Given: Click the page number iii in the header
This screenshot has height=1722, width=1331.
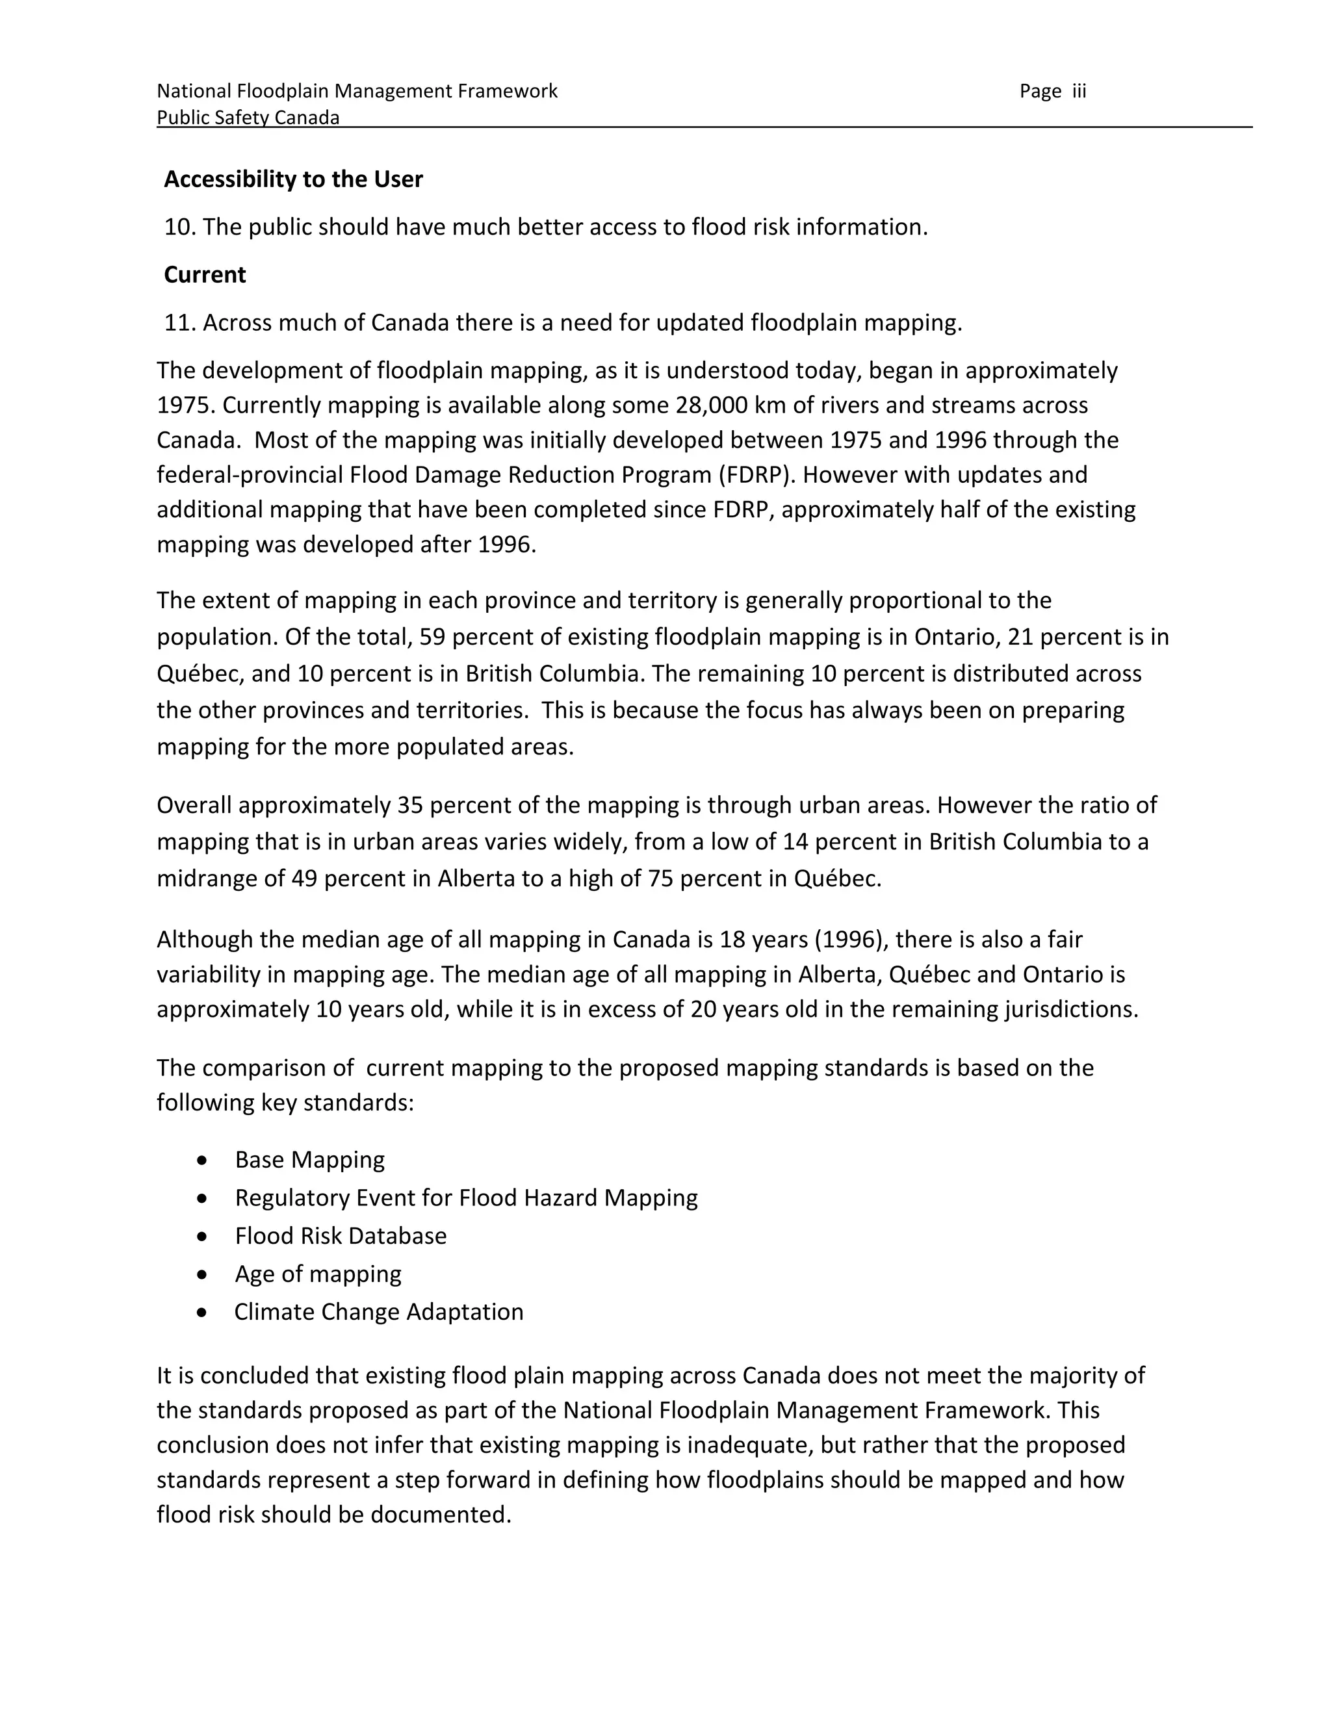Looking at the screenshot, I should click(1078, 92).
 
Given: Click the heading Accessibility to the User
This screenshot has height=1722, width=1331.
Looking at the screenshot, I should click(293, 180).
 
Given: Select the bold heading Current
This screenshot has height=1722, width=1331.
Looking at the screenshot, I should click(205, 275).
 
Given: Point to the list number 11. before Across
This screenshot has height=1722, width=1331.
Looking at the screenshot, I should click(180, 323).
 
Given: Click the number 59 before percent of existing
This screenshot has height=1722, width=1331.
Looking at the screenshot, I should click(432, 636).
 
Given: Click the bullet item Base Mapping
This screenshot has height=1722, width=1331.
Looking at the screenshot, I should click(309, 1160).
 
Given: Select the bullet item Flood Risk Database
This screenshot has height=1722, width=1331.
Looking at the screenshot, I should click(341, 1235).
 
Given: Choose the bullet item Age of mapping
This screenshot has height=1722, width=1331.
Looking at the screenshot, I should click(318, 1274).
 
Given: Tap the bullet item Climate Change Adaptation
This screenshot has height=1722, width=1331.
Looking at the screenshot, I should click(378, 1312).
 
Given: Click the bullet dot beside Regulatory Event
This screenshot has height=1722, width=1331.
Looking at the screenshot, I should click(203, 1198).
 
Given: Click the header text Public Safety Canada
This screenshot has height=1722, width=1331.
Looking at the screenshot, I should click(248, 118).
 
